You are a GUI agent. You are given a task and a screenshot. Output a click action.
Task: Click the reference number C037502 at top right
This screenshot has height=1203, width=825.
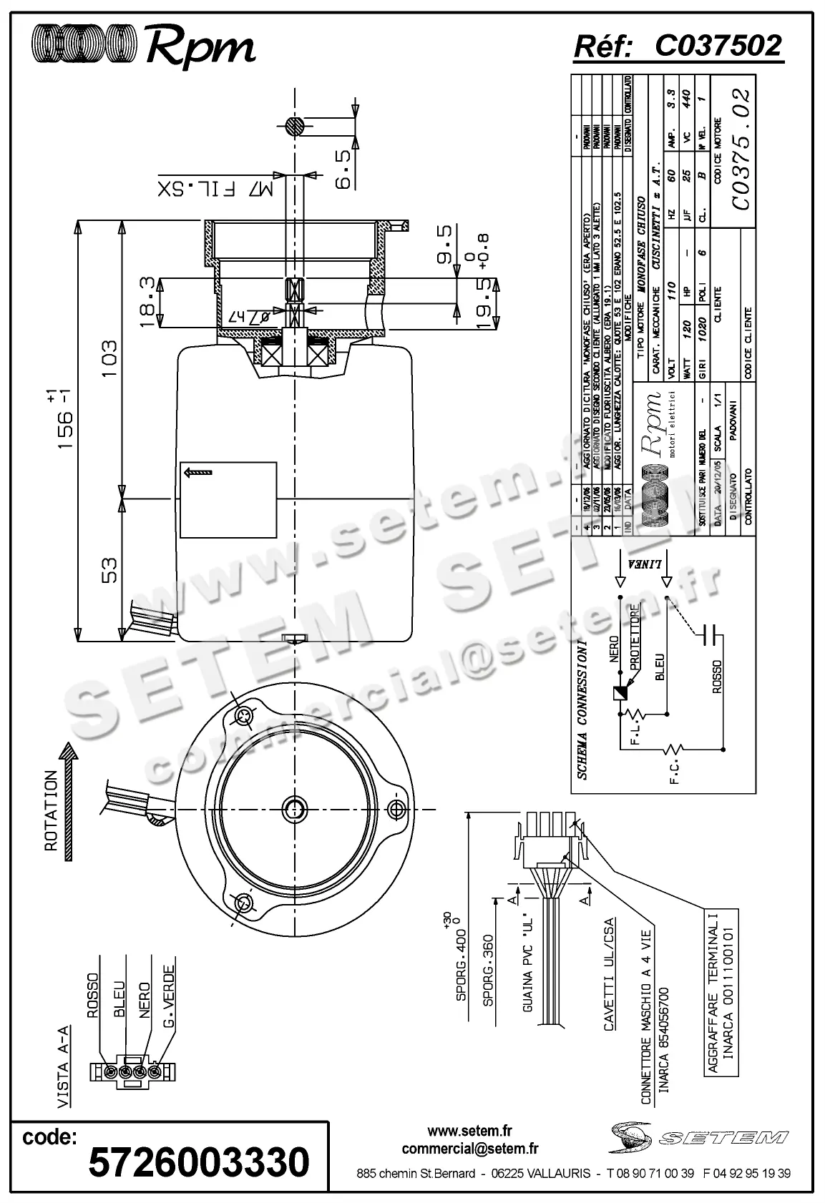tap(718, 46)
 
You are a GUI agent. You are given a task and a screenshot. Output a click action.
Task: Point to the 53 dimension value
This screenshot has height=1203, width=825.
tap(109, 570)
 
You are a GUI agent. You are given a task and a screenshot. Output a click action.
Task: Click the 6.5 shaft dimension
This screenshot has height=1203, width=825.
tap(344, 170)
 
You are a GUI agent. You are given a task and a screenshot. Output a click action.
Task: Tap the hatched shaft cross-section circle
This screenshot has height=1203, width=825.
tap(294, 127)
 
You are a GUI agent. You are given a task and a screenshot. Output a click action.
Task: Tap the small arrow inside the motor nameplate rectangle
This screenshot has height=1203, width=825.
tap(198, 472)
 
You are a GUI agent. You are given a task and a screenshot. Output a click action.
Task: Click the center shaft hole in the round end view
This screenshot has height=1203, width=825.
tap(294, 809)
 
